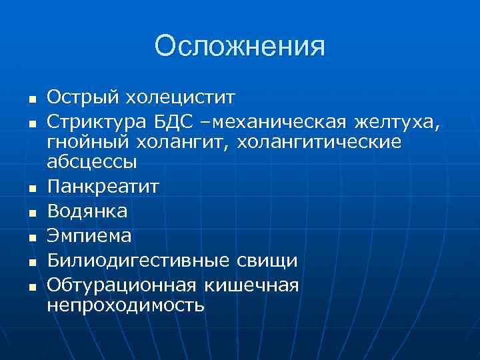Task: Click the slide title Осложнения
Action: point(240,47)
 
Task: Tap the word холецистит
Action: point(180,98)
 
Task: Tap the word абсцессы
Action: point(91,161)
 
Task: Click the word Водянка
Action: point(87,211)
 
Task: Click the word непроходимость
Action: point(126,305)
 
